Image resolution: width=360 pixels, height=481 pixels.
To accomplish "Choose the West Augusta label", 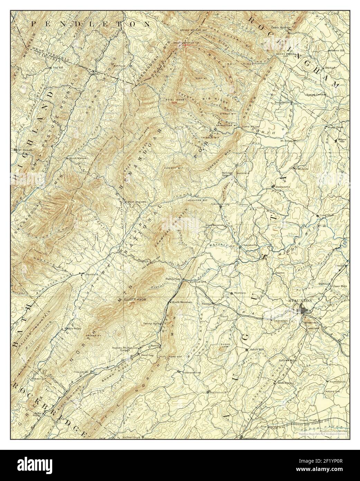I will pyautogui.click(x=138, y=201).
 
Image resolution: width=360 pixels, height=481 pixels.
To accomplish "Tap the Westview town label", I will pyautogui.click(x=240, y=293).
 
